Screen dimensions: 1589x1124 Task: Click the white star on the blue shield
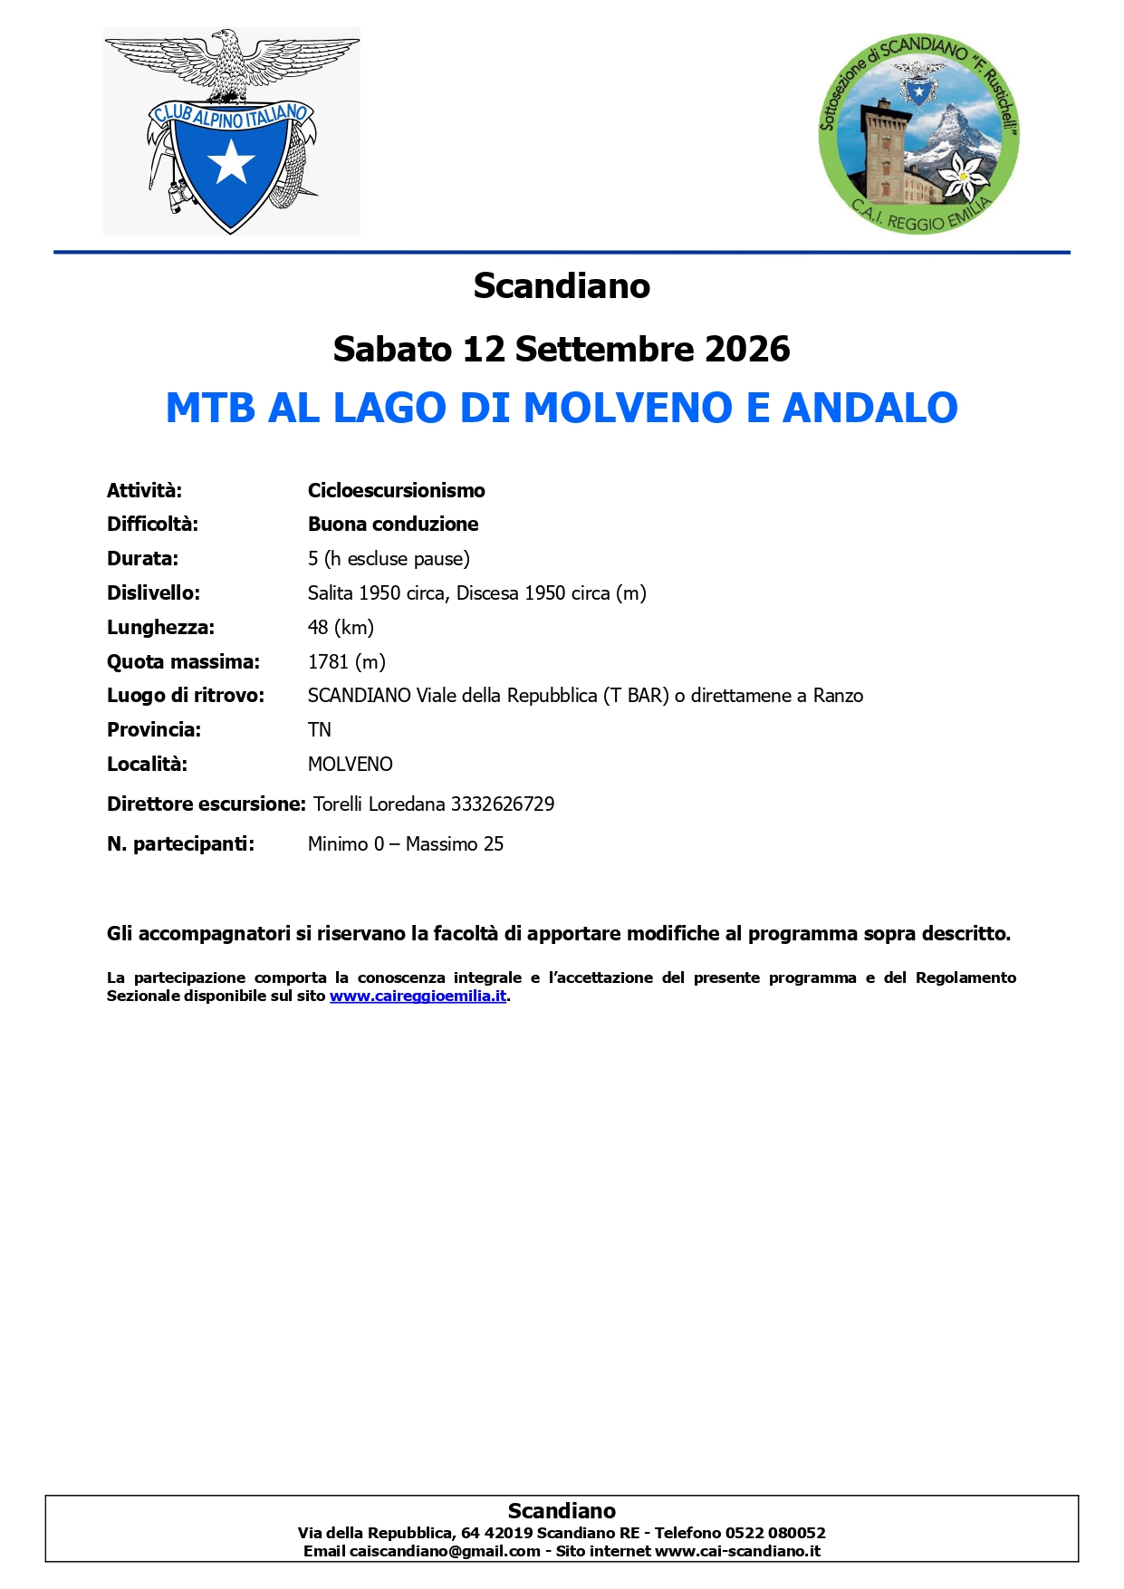point(231,162)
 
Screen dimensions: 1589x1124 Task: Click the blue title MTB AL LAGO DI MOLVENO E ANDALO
point(562,408)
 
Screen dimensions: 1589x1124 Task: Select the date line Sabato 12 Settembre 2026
point(562,349)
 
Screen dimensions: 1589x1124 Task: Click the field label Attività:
point(144,490)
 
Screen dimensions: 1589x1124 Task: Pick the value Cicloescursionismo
point(396,490)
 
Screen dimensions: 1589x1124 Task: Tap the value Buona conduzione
point(393,524)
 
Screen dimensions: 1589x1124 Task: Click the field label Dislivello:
point(153,592)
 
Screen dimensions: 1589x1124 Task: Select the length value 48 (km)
point(341,627)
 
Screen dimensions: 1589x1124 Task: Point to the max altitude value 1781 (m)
point(346,661)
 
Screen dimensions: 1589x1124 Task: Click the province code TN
point(319,729)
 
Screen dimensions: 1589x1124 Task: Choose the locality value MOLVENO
point(350,764)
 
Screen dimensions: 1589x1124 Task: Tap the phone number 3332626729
point(503,804)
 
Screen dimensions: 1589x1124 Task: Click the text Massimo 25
point(455,843)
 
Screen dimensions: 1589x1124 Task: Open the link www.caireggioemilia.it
point(418,996)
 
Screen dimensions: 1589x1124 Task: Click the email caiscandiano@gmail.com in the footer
point(445,1551)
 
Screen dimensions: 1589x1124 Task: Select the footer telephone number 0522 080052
point(775,1533)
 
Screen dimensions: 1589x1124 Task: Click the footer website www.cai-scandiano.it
point(737,1551)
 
